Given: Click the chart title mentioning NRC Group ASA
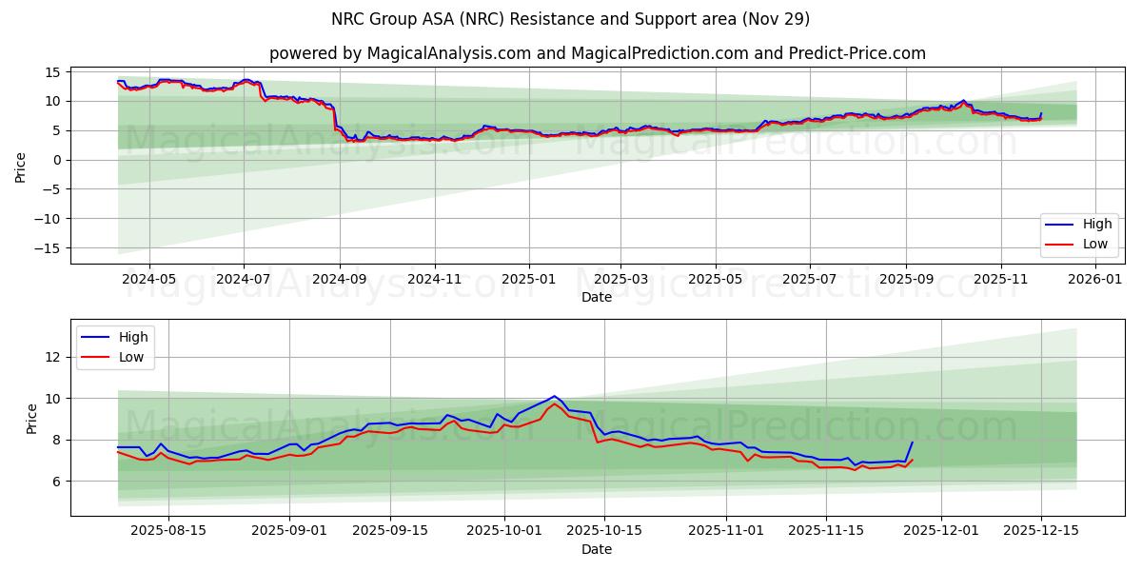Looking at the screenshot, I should (571, 19).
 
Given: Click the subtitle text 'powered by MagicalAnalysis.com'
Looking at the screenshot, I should (400, 53).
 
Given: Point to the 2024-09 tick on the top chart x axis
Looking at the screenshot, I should (340, 280).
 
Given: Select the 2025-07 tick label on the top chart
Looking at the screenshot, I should (810, 280).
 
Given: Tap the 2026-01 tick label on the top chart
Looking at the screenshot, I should (1095, 280).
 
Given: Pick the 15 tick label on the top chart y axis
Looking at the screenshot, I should (53, 72).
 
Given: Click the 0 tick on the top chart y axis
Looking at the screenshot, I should (57, 160).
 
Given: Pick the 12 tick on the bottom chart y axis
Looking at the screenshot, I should (53, 357).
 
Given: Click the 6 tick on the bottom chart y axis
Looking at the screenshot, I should (57, 482).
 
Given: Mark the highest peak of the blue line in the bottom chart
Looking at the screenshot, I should (554, 396).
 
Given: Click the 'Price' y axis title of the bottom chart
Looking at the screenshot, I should (32, 418).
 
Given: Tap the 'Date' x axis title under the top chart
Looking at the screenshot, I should (597, 297).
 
